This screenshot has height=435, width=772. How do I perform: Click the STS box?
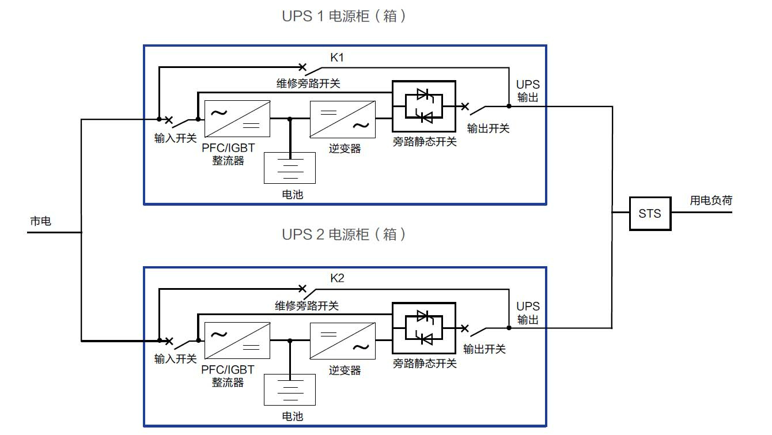click(650, 214)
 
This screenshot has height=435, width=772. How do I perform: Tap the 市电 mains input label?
click(40, 221)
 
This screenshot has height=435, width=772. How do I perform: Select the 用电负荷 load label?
click(711, 201)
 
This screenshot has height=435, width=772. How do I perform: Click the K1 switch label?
click(337, 58)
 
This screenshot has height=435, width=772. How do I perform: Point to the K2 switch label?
click(337, 279)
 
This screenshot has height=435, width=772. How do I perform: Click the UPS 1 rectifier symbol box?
click(237, 119)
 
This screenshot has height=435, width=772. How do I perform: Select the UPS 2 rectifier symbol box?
click(237, 341)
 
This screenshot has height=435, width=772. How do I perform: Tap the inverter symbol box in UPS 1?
click(342, 119)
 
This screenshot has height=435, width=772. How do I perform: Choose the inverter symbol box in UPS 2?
click(342, 341)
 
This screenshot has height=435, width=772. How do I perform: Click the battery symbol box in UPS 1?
click(290, 168)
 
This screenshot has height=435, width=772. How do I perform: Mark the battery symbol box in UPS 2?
click(290, 389)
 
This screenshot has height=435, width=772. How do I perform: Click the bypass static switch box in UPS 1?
click(423, 106)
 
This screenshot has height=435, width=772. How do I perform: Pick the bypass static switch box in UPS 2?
click(423, 328)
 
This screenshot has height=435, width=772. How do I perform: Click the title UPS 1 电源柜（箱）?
click(344, 16)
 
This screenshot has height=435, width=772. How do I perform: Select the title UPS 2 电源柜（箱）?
click(344, 234)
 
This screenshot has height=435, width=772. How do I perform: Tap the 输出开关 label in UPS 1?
click(488, 128)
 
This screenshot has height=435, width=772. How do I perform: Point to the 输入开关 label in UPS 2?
click(176, 359)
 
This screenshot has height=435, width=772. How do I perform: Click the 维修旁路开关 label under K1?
click(308, 84)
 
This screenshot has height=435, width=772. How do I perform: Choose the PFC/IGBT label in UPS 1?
click(228, 148)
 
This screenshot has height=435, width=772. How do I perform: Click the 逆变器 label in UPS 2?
click(345, 370)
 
